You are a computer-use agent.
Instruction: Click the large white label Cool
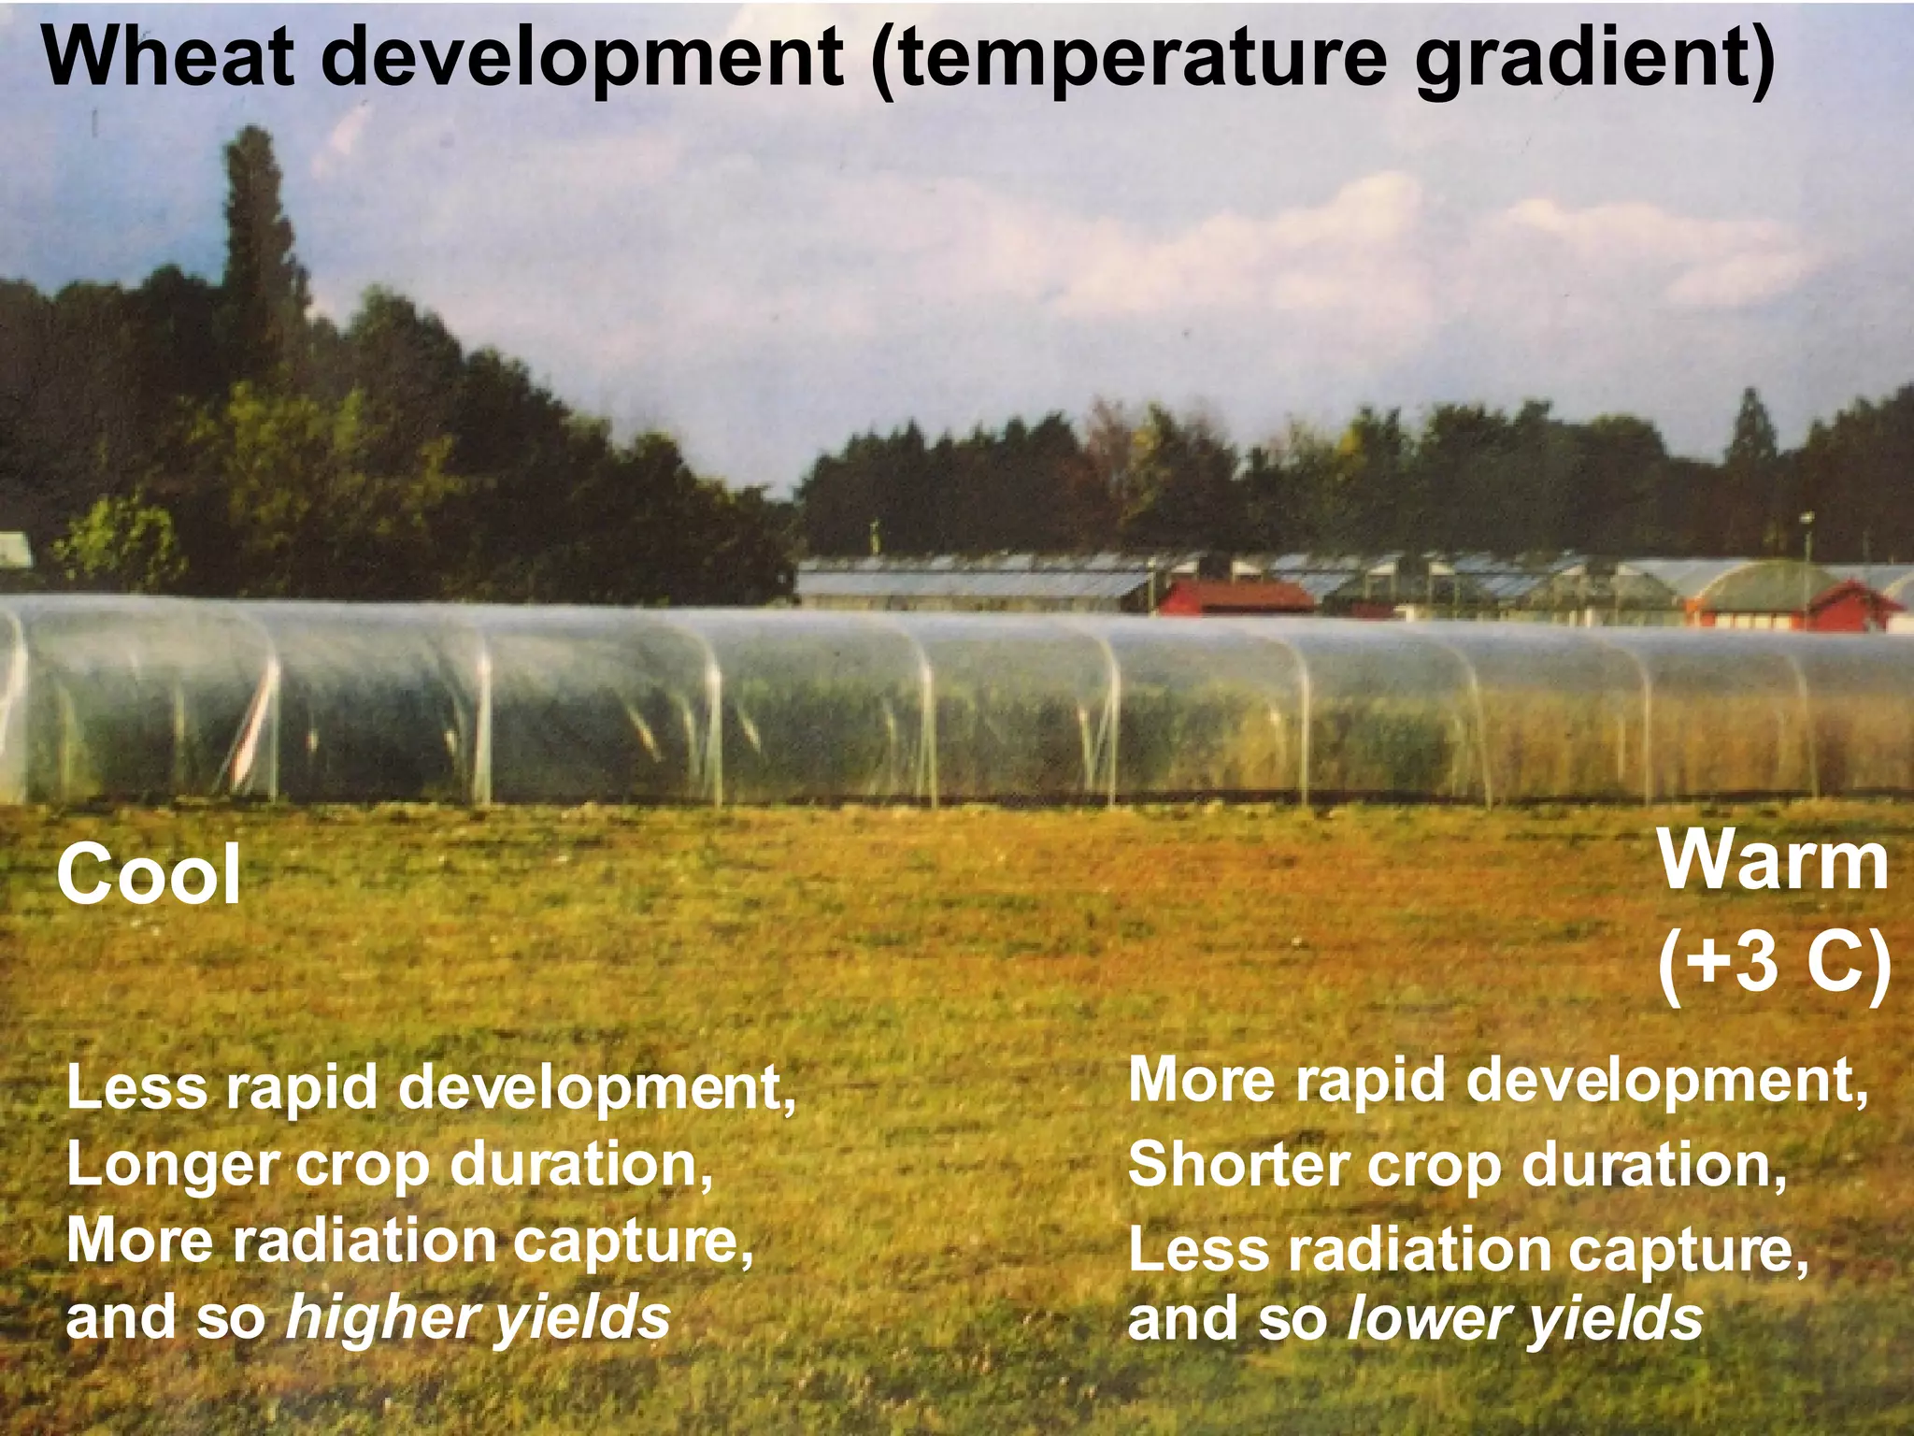(x=150, y=874)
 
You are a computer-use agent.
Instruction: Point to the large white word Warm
(x=1773, y=862)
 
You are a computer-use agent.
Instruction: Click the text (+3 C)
(x=1773, y=963)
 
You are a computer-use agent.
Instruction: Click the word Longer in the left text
(x=173, y=1166)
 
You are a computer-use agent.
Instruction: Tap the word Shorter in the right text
(x=1237, y=1166)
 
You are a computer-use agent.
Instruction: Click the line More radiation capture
(x=409, y=1242)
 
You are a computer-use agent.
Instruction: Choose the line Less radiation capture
(x=1467, y=1250)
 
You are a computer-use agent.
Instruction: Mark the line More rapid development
(x=1498, y=1081)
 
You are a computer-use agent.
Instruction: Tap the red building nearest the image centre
(x=1234, y=596)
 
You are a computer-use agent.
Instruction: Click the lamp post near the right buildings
(x=1806, y=552)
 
